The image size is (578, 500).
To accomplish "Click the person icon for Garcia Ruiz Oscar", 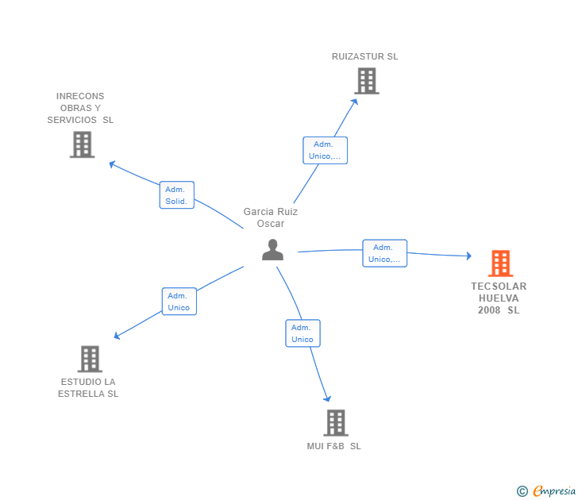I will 272,249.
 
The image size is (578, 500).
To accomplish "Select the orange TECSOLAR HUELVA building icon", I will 500,263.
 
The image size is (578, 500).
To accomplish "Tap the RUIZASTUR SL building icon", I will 366,81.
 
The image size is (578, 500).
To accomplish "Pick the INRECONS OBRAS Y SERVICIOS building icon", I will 82,144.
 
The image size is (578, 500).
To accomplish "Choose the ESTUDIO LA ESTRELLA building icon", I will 90,359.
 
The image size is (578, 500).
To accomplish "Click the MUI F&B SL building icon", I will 336,422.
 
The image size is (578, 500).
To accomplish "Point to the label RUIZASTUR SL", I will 365,56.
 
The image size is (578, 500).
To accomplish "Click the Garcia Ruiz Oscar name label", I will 271,217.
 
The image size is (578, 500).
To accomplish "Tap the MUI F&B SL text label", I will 334,446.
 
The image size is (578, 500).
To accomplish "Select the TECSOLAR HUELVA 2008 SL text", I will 499,298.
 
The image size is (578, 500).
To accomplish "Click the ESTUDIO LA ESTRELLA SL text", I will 88,388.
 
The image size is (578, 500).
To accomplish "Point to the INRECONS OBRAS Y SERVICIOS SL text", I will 80,108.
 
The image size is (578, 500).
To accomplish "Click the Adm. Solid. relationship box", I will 176,195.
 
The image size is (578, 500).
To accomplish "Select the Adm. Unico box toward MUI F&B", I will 302,333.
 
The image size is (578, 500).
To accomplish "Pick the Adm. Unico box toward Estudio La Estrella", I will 179,302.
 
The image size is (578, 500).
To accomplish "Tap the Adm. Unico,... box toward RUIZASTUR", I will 325,150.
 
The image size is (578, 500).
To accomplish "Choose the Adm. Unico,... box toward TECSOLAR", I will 385,253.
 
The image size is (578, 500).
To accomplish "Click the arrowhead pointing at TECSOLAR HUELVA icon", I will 468,256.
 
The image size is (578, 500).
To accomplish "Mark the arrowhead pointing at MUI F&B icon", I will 326,399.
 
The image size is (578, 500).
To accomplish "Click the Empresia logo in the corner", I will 547,491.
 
